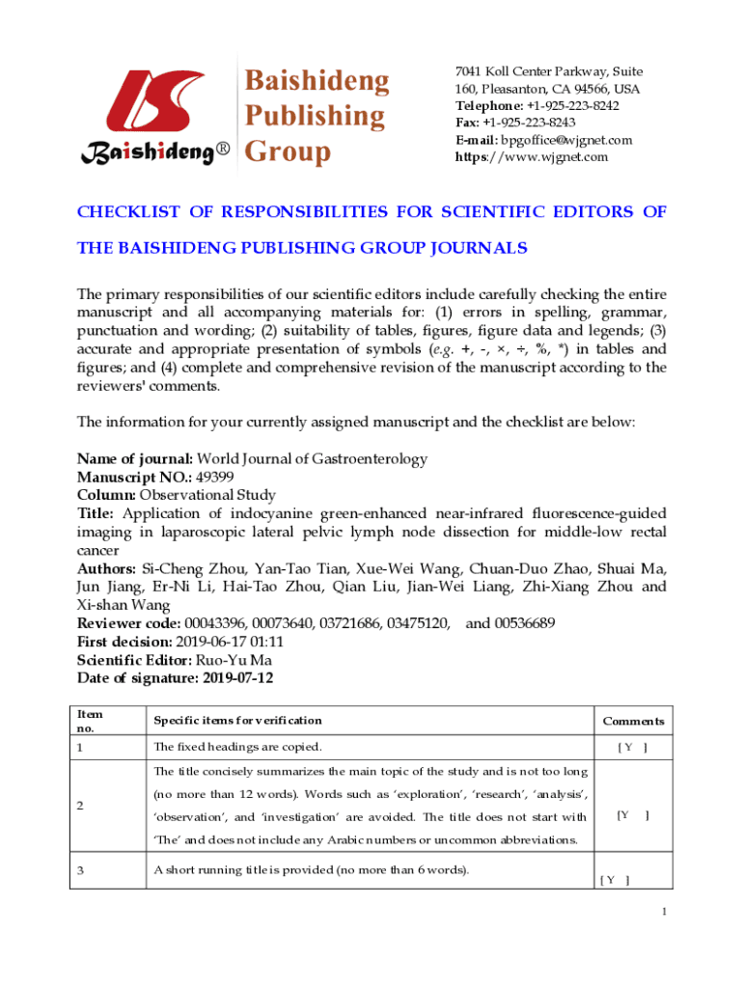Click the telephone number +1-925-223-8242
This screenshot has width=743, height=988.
[x=573, y=106]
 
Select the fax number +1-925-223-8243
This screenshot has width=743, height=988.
[x=529, y=123]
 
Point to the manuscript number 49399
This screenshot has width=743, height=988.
[x=213, y=478]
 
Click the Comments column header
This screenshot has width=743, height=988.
[x=633, y=721]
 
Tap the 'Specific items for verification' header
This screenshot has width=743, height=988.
[x=238, y=721]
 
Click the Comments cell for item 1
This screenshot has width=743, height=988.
[x=633, y=748]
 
